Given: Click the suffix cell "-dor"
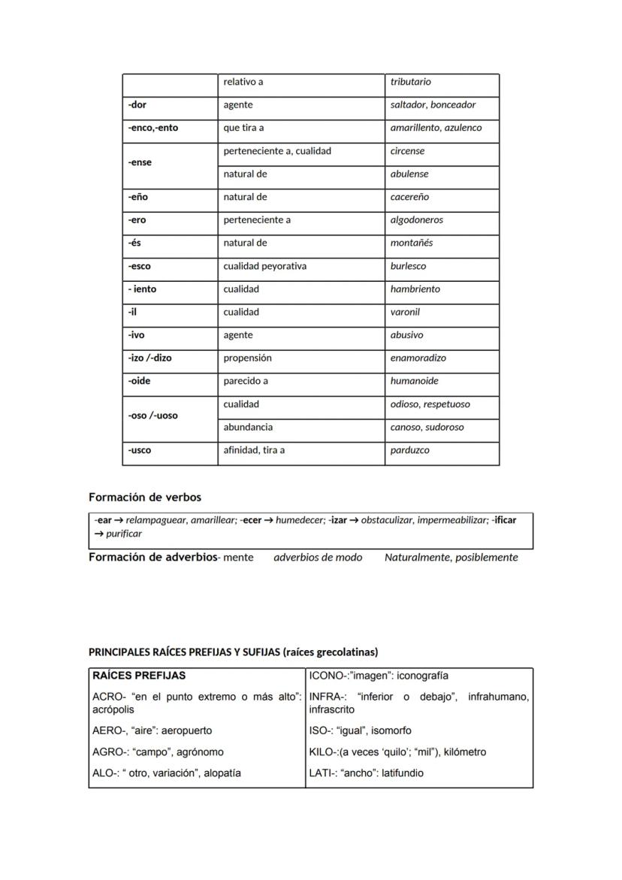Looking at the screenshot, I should click(x=137, y=105).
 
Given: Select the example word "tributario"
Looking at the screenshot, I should click(x=410, y=82).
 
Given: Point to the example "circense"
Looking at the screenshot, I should click(x=407, y=151).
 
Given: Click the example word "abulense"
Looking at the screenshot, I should click(x=409, y=174).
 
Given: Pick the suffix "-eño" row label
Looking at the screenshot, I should click(x=138, y=197).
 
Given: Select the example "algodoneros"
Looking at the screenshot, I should click(x=416, y=220).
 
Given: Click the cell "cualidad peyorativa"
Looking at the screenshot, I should click(x=264, y=266).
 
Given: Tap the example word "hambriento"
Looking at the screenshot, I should click(x=415, y=289).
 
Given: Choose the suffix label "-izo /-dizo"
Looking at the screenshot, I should click(x=149, y=358).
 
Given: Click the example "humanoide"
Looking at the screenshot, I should click(x=414, y=381).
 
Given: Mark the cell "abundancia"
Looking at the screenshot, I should click(x=248, y=428).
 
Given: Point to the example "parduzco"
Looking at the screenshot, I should click(x=410, y=451).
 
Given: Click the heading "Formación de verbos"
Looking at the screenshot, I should click(x=145, y=497).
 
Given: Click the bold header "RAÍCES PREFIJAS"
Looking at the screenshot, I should click(x=138, y=676).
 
